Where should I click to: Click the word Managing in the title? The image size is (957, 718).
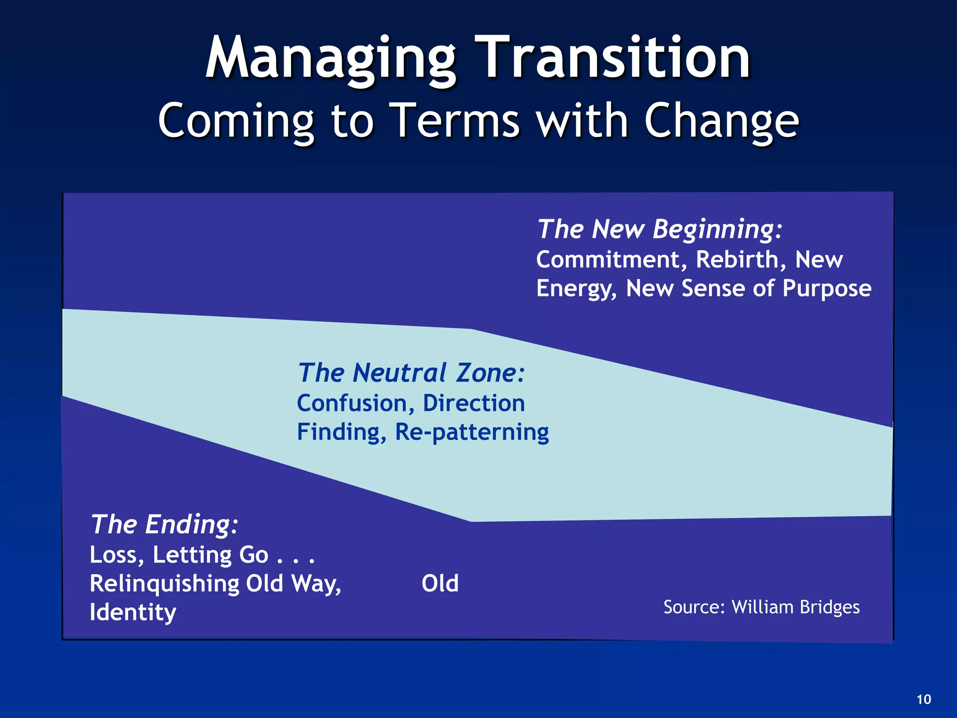[330, 59]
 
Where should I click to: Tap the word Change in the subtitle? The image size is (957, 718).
[721, 121]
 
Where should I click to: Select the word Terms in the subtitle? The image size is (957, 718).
[454, 120]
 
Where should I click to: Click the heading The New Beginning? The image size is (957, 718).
[659, 229]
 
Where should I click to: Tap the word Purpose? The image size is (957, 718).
[827, 289]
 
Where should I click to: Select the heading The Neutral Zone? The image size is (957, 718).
[411, 373]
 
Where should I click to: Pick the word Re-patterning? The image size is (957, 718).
[472, 432]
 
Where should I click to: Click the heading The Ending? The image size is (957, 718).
[164, 524]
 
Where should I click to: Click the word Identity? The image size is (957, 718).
[133, 612]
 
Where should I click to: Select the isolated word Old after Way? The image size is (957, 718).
[440, 583]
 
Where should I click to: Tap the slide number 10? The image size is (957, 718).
[923, 700]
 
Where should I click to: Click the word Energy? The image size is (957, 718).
[576, 289]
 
